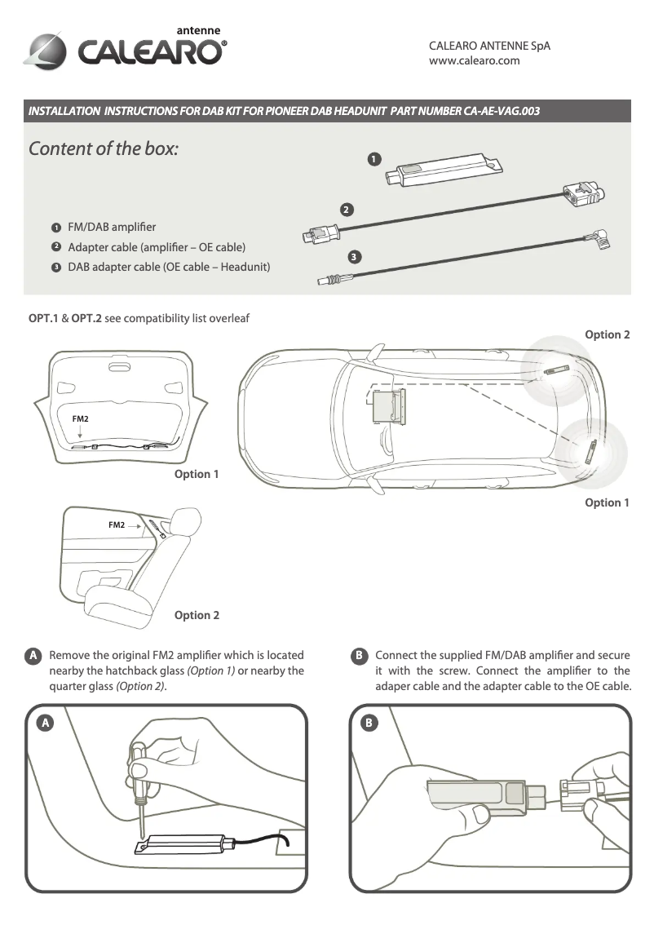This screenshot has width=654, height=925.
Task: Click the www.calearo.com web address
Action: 474,60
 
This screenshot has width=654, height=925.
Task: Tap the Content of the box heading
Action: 104,149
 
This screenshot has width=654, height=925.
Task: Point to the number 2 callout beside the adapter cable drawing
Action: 347,210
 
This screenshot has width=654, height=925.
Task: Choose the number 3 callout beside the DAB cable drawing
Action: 354,258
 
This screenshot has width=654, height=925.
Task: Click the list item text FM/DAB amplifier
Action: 112,226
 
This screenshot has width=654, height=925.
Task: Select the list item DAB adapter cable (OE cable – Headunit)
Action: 169,267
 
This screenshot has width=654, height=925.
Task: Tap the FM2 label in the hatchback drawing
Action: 80,418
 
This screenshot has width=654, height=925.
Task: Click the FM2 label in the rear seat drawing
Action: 117,525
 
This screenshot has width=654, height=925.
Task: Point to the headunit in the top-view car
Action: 389,405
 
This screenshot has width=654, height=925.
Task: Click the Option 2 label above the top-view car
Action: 608,334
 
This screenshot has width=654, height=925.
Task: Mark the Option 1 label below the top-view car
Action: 607,502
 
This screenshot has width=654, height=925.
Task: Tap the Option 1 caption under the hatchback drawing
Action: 197,474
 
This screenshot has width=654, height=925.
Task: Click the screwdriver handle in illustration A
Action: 139,759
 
